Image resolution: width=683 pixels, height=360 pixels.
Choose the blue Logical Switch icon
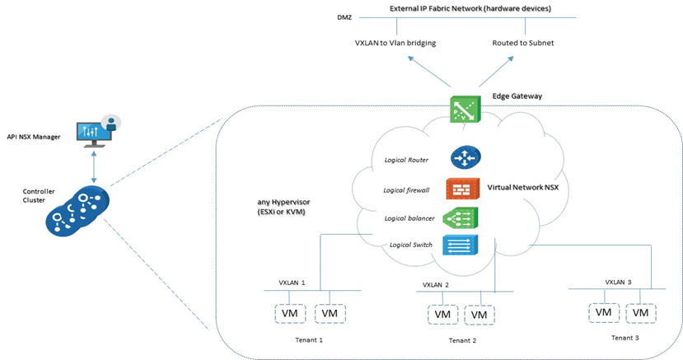pos(460,245)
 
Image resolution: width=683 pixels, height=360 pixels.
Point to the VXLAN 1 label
pos(291,282)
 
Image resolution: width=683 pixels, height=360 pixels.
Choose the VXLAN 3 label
pos(619,282)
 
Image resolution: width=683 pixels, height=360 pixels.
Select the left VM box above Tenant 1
pos(290,314)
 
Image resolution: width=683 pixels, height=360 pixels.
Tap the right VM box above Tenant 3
pos(640,313)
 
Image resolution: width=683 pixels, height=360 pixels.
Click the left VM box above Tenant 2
pos(442,314)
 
